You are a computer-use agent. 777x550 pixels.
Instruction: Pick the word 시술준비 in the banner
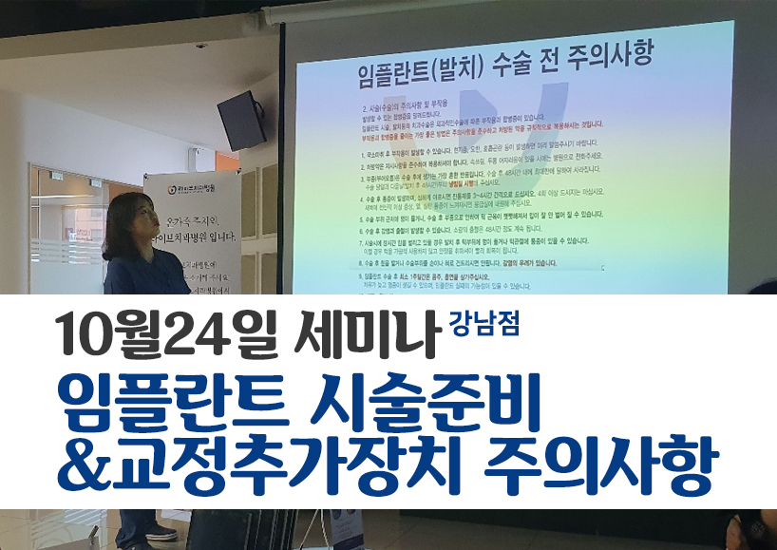pos(427,404)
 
